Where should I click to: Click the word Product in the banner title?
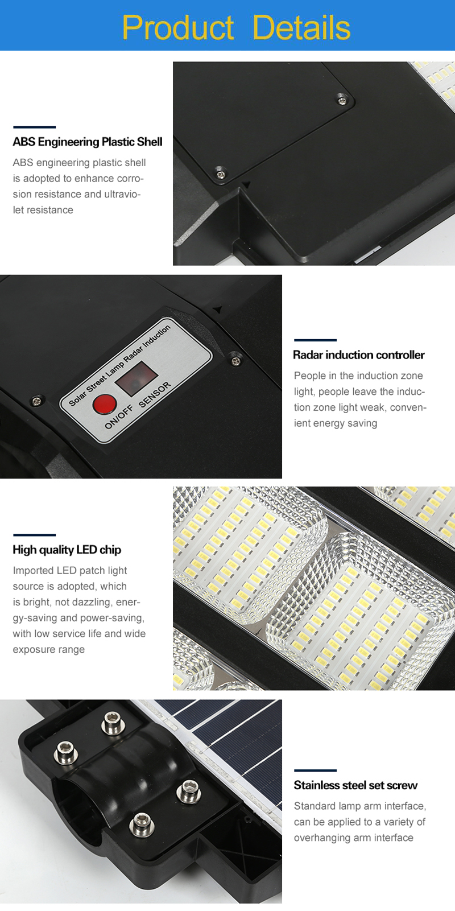pos(178,28)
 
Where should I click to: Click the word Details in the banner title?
pos(301,28)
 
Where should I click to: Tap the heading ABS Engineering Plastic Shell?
pos(88,142)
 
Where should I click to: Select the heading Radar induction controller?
pos(359,355)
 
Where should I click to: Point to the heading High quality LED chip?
pos(67,550)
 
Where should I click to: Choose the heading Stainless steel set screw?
pos(355,785)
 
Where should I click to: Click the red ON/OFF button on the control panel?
pos(105,404)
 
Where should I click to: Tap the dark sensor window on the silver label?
pos(136,379)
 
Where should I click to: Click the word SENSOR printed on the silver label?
pos(155,394)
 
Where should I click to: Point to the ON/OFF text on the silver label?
pos(119,417)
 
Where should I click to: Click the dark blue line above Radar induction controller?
pos(315,340)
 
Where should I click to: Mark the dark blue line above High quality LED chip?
pos(34,535)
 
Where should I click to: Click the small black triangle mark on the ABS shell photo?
pos(245,184)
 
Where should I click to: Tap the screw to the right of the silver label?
pos(235,361)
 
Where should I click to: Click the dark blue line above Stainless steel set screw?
pos(315,770)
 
